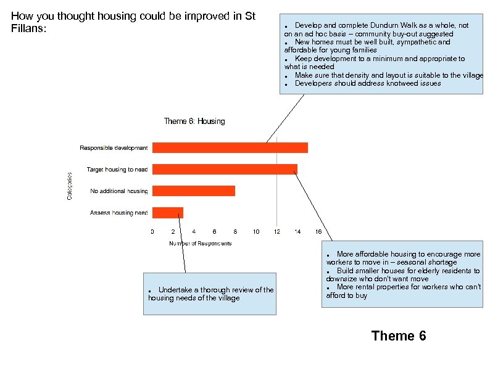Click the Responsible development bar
tap(230, 147)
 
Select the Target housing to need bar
tap(225, 169)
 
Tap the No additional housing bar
tap(194, 191)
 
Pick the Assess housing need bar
tap(168, 213)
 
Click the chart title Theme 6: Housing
tap(194, 122)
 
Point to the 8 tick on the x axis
tap(235, 232)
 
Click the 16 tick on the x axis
tap(318, 232)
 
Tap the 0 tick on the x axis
tap(152, 232)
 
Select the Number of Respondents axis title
tap(201, 244)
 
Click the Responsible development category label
tap(114, 148)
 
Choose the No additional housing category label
tap(119, 191)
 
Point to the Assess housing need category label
tap(119, 213)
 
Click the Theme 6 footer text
tap(398, 336)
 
